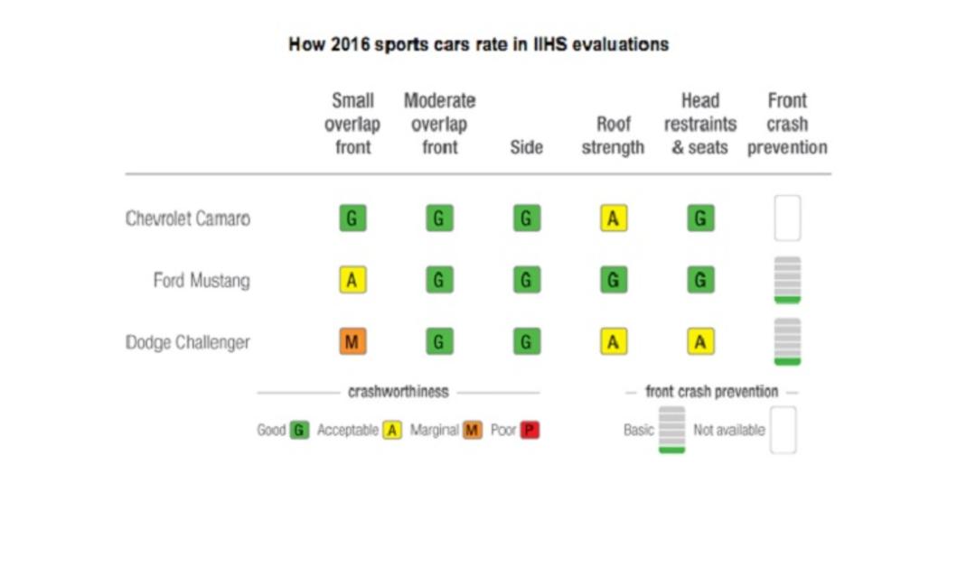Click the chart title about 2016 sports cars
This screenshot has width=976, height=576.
coord(479,44)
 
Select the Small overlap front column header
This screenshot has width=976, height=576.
coord(352,124)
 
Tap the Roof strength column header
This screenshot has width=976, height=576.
coord(613,135)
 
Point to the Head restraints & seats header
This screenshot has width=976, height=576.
coord(700,124)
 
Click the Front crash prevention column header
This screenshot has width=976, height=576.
coord(787,124)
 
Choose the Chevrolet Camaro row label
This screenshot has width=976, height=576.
coord(188,218)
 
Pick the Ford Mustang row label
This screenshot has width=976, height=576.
coord(202,281)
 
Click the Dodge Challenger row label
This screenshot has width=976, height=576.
coord(188,342)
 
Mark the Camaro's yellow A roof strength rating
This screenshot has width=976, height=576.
coord(614,218)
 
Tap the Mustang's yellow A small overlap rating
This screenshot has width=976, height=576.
coord(353,280)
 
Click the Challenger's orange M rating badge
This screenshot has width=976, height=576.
coord(353,341)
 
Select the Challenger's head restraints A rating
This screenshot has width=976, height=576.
coord(701,341)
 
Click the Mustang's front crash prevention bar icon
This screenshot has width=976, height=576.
coord(787,280)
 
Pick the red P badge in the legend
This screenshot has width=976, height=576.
coord(530,430)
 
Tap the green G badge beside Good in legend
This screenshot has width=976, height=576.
coord(299,430)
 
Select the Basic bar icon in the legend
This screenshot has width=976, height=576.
coord(672,430)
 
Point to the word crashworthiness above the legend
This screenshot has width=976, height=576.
coord(399,391)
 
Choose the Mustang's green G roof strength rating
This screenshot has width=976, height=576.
coord(614,280)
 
